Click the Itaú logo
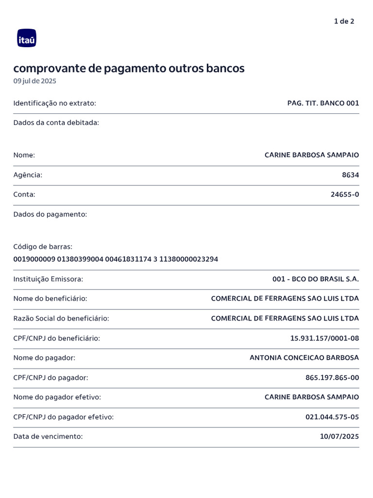[x=27, y=38]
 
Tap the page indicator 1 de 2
[x=344, y=21]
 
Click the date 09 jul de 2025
[x=35, y=81]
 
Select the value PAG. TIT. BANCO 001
[x=323, y=103]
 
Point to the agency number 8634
[x=351, y=175]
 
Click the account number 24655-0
[x=345, y=195]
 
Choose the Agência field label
[x=28, y=175]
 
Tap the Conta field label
[x=24, y=195]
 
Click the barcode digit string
[x=116, y=259]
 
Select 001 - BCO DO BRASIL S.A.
[x=316, y=279]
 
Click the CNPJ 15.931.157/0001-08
[x=324, y=338]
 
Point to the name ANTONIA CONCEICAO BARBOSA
[x=304, y=358]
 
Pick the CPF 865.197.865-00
[x=332, y=377]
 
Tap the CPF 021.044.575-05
[x=332, y=417]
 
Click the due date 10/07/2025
[x=339, y=437]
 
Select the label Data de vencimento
[x=48, y=437]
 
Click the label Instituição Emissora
[x=49, y=279]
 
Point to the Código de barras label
[x=43, y=247]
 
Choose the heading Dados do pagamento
[x=51, y=214]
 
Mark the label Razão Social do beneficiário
[x=61, y=319]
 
